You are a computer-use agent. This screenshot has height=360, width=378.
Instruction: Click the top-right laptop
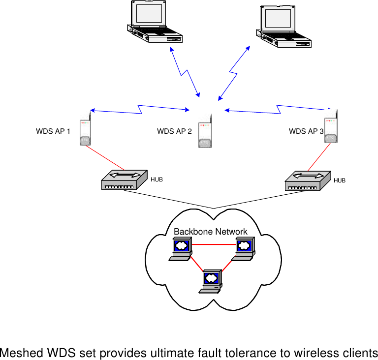pyautogui.click(x=283, y=26)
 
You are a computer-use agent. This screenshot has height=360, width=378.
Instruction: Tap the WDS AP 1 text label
pyautogui.click(x=53, y=132)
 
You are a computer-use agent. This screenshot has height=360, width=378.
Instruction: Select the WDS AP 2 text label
pyautogui.click(x=174, y=131)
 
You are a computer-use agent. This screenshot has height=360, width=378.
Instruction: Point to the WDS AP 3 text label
pyautogui.click(x=306, y=131)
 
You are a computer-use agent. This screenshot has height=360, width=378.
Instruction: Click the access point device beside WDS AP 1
pyautogui.click(x=86, y=131)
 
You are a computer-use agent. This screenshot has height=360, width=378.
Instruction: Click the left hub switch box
pyautogui.click(x=124, y=180)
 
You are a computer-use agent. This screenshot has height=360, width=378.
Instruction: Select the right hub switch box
pyautogui.click(x=308, y=180)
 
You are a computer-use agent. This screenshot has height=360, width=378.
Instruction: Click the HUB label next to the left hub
pyautogui.click(x=157, y=180)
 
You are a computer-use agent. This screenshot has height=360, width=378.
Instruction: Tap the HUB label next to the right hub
pyautogui.click(x=340, y=180)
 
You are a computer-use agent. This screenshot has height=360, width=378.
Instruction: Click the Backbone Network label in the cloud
pyautogui.click(x=211, y=232)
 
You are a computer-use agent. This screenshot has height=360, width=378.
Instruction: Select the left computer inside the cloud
pyautogui.click(x=180, y=248)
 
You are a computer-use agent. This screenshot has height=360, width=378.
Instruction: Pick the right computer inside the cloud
pyautogui.click(x=243, y=248)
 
